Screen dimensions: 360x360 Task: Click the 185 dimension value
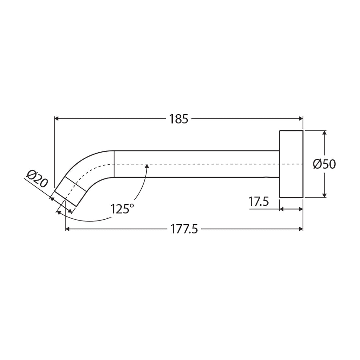179,119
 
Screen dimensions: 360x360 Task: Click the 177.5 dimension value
184,229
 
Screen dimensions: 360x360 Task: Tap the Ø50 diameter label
324,164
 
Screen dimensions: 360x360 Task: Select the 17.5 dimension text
259,202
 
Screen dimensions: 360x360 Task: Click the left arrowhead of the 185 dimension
57,118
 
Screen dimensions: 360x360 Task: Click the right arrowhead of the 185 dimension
301,118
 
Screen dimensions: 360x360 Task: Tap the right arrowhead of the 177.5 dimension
301,229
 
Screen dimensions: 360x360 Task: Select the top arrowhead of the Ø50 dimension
325,133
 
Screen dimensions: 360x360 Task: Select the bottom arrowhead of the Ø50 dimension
325,195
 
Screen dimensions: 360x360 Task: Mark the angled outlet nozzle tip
71,192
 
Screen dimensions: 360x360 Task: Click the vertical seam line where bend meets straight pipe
114,164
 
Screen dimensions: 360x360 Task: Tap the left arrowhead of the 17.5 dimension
281,209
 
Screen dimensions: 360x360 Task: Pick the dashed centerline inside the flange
291,164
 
